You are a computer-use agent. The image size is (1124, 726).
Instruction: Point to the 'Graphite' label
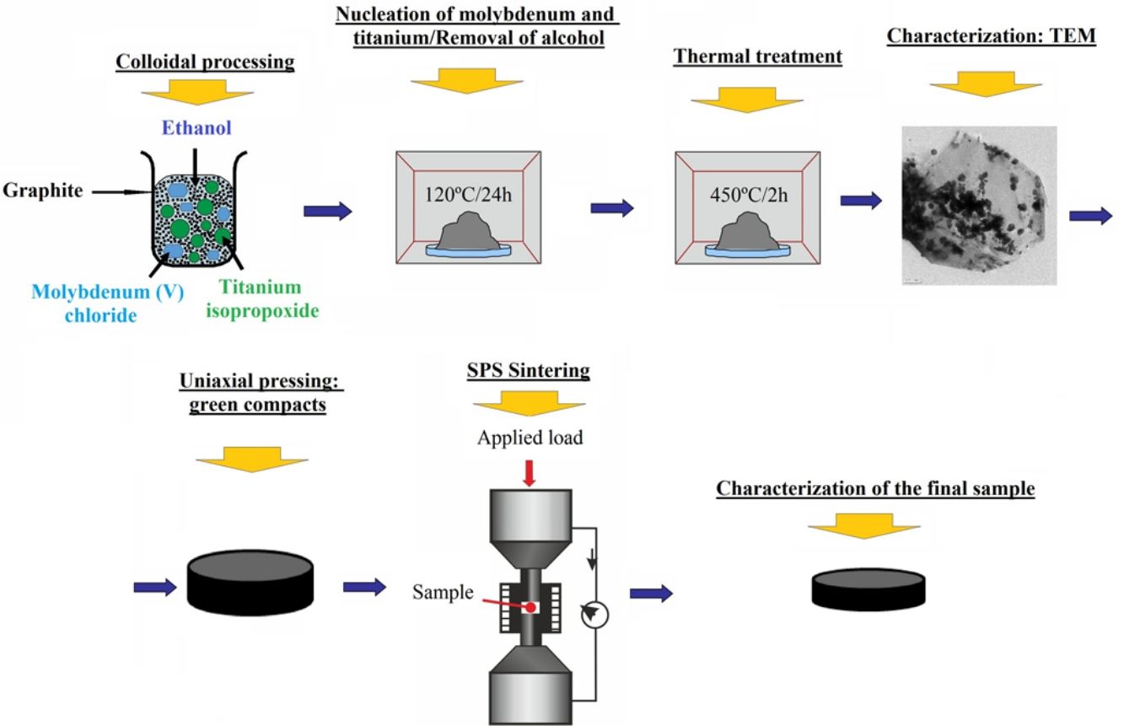[x=43, y=191]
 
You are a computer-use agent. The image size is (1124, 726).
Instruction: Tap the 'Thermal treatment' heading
[x=757, y=57]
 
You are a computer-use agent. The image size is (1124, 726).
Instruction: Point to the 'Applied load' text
[x=530, y=438]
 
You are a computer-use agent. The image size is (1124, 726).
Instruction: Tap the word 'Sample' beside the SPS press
[x=443, y=592]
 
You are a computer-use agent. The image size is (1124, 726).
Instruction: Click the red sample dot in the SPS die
[x=530, y=607]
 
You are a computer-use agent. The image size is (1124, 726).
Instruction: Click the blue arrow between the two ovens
[x=611, y=208]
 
